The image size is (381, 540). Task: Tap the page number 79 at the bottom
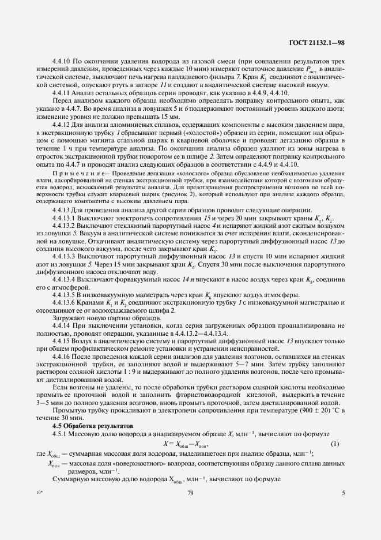point(190,493)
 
